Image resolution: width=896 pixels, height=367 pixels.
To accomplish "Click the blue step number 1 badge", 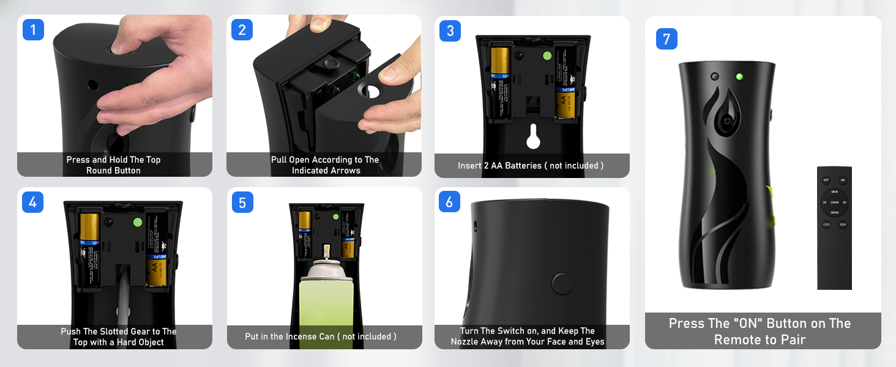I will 33,29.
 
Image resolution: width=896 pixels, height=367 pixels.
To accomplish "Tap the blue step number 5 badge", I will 242,202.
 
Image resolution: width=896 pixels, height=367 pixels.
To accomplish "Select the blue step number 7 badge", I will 666,39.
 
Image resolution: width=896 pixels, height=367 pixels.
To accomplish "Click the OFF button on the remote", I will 826,180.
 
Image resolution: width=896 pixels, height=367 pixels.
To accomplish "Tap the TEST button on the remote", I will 843,224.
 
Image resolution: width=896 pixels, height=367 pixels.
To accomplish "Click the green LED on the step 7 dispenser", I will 739,76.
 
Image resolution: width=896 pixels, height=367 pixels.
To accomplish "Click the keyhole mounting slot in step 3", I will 532,136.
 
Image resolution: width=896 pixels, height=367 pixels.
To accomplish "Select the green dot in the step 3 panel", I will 547,56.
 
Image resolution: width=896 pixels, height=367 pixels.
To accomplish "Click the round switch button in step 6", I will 561,283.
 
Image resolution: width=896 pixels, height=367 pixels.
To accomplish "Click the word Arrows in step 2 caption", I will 346,171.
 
